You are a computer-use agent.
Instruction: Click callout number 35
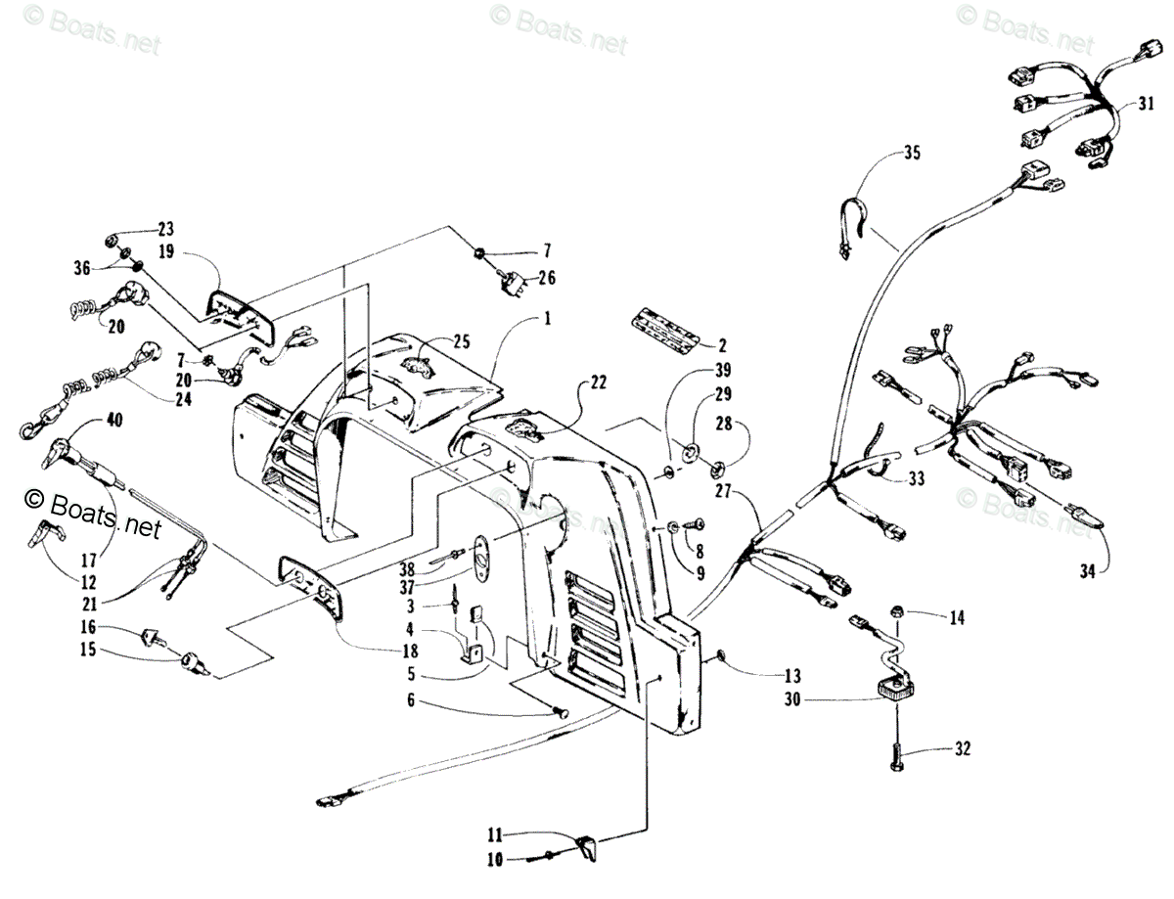coord(912,152)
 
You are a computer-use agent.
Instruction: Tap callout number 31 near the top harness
coord(1146,104)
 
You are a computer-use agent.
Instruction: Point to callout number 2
coord(722,344)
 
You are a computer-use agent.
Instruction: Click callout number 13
coord(791,675)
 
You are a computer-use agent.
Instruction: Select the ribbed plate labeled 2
coord(665,326)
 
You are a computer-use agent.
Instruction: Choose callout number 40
coord(114,422)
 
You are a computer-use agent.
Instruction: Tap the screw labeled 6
coord(560,714)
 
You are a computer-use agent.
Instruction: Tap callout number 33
coord(916,478)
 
